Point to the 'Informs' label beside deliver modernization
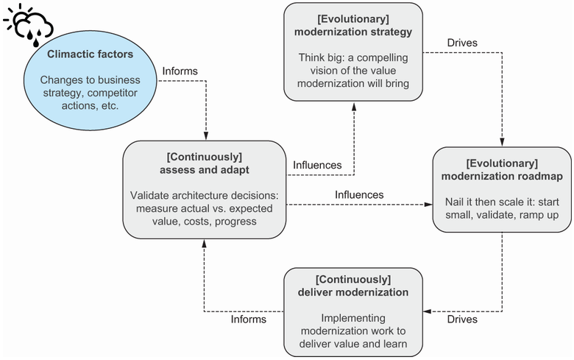[x=249, y=320]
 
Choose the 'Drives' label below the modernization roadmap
[x=461, y=320]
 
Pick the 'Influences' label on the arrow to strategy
[x=317, y=165]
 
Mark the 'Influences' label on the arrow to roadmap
[x=359, y=194]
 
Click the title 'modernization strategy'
[x=353, y=32]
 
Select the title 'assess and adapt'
[x=204, y=170]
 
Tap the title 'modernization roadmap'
[x=501, y=175]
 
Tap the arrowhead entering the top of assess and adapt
[x=205, y=137]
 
